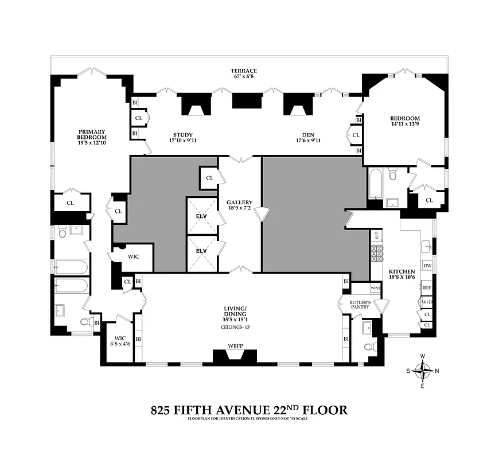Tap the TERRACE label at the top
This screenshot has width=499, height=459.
244,71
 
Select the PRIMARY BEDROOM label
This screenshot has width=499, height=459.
92,134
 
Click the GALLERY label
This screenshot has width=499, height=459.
240,203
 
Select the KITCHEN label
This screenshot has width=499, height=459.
401,271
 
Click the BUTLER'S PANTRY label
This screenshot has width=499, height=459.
365,304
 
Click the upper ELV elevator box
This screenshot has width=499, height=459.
202,216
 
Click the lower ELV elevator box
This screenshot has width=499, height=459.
202,251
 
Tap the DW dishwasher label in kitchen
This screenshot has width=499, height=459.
427,265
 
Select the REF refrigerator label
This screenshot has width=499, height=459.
427,288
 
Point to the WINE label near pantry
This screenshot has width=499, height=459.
376,287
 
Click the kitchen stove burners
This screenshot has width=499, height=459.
376,252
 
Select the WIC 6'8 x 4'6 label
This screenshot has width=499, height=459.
120,341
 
